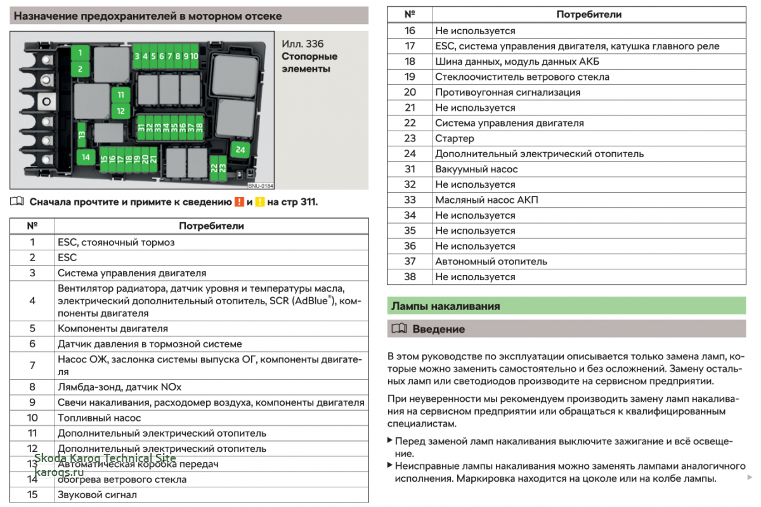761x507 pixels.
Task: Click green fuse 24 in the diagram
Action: (x=240, y=150)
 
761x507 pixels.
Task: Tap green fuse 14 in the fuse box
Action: (x=86, y=157)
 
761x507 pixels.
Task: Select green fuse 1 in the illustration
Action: (x=80, y=53)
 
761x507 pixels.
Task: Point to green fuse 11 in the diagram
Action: (x=120, y=94)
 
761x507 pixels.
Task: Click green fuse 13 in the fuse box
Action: (x=82, y=134)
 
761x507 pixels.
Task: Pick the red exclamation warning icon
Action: (x=239, y=202)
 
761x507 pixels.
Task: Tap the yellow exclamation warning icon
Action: (x=260, y=202)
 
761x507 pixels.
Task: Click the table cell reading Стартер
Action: (x=455, y=139)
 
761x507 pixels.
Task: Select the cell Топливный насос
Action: (x=99, y=418)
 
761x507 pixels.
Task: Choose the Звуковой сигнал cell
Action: (x=97, y=494)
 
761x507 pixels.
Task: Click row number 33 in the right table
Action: (x=410, y=200)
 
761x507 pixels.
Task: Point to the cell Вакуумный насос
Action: (x=476, y=169)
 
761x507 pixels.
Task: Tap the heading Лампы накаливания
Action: (x=445, y=306)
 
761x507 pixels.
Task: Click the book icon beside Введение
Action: (x=399, y=328)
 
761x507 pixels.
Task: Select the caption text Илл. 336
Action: (x=302, y=44)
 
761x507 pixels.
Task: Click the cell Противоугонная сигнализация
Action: (x=507, y=93)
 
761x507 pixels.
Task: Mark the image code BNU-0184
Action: (x=261, y=186)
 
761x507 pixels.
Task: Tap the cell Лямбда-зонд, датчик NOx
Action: (x=120, y=387)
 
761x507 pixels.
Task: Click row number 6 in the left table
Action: (x=32, y=343)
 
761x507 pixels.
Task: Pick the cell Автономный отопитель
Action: (x=491, y=262)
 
